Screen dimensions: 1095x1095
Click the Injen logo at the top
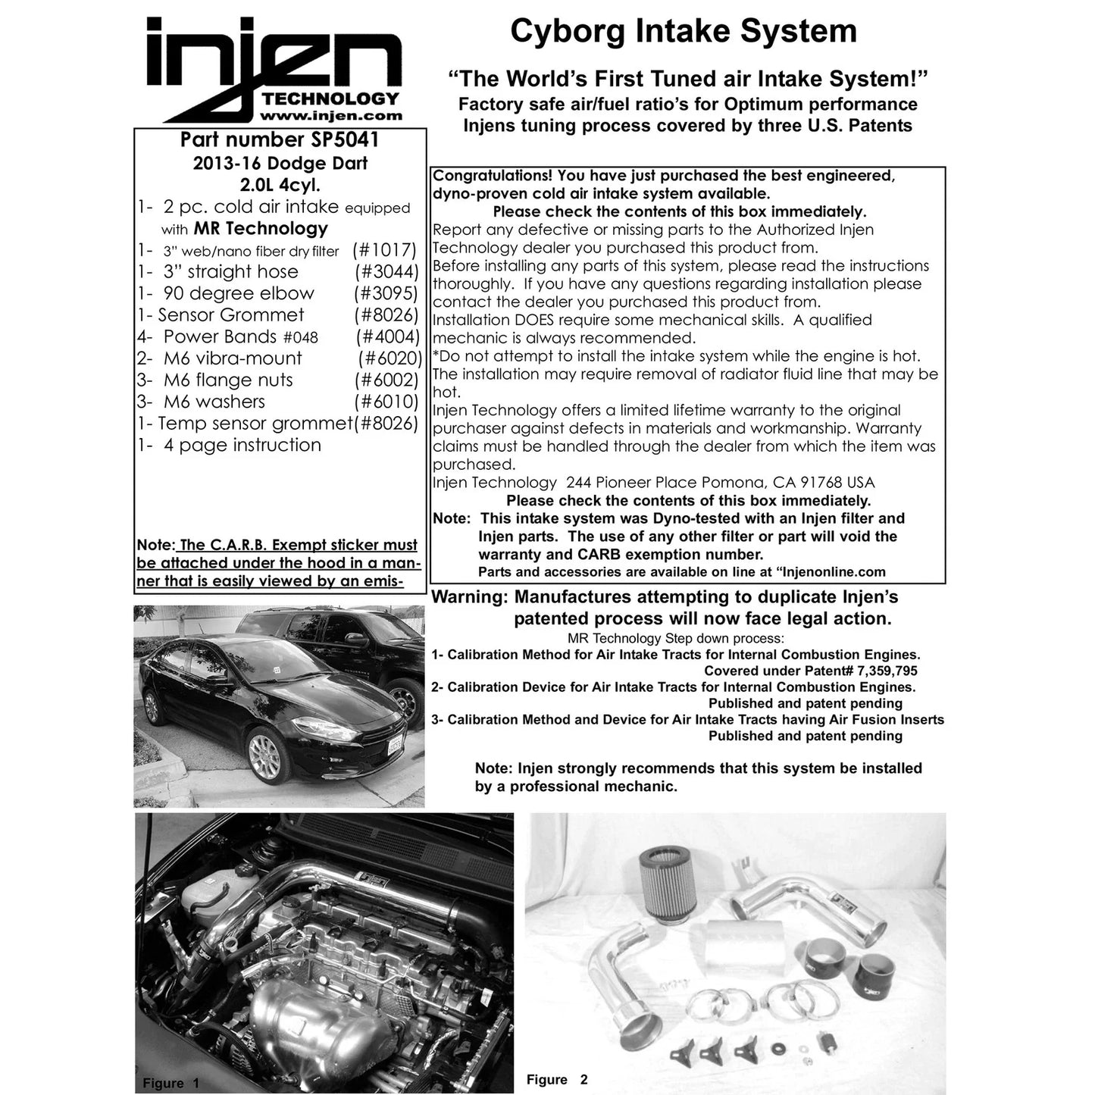click(x=274, y=69)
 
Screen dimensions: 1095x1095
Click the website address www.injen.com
click(x=331, y=116)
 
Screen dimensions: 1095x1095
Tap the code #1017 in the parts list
click(x=385, y=250)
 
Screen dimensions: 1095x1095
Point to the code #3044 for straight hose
click(x=386, y=271)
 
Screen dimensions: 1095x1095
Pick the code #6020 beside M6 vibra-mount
click(x=390, y=358)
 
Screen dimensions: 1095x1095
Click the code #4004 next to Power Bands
click(x=387, y=337)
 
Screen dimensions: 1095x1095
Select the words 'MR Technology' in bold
click(x=261, y=228)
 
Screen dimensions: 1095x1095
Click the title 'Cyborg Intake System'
click(x=684, y=32)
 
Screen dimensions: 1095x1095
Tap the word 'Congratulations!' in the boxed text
click(x=493, y=176)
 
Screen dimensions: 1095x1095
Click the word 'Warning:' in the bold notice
click(x=470, y=597)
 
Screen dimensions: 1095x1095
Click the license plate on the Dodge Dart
click(x=395, y=746)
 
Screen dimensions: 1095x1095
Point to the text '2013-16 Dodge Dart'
click(x=280, y=164)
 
